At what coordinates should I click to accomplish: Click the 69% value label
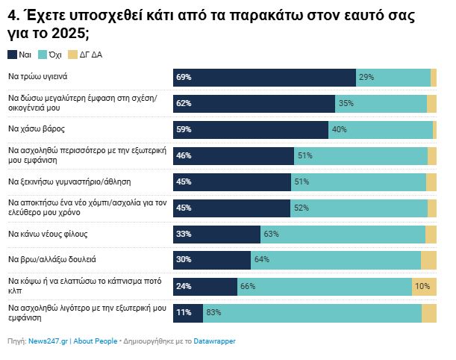(184, 78)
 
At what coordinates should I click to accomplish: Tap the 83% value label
(214, 313)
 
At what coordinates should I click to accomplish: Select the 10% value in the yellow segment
(422, 287)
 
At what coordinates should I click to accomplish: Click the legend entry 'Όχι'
(54, 55)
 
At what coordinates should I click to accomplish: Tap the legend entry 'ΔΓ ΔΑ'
(86, 55)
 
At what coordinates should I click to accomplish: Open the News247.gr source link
(48, 341)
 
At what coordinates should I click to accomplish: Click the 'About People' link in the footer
(95, 341)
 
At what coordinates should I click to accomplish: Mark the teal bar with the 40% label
(381, 130)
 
